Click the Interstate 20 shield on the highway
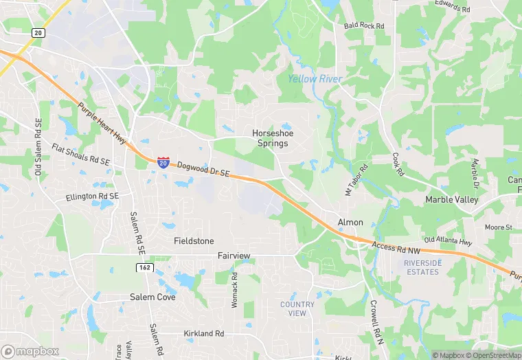click(x=163, y=162)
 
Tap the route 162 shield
click(x=144, y=267)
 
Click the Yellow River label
click(x=315, y=79)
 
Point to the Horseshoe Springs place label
click(x=270, y=138)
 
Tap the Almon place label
click(x=350, y=223)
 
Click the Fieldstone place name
click(x=194, y=241)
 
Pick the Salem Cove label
click(x=152, y=297)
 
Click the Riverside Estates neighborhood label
click(x=421, y=267)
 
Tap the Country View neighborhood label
click(x=297, y=308)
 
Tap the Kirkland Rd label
click(x=204, y=334)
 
